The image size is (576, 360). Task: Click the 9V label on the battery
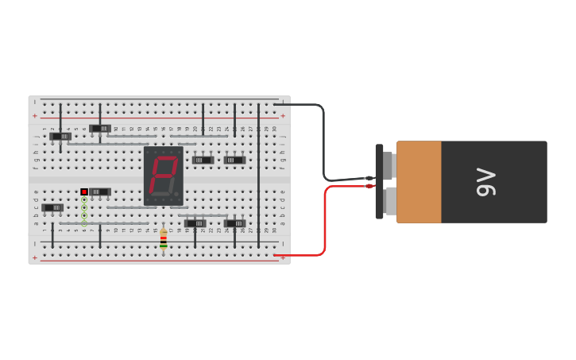coord(485,182)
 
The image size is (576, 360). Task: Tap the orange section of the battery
coord(419,182)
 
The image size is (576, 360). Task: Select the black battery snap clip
coord(379,181)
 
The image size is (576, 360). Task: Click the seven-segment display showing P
coord(163,176)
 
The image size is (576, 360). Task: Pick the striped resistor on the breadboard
coord(163,239)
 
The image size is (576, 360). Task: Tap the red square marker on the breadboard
coord(84,192)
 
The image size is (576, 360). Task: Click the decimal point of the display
coord(176,193)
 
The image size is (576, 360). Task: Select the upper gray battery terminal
coord(389,165)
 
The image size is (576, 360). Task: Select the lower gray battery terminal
coord(390,201)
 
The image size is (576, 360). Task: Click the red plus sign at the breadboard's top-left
coord(34,116)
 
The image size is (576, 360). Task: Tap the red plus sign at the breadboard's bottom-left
coord(34,257)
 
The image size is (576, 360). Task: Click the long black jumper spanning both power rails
coord(258,175)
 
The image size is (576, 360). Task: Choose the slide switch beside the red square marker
coord(100,192)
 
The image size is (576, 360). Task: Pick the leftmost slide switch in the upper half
coord(60,136)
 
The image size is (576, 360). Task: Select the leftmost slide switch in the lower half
coord(52,207)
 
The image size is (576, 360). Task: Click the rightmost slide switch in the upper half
coord(234,160)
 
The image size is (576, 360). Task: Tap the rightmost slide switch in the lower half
coord(234,223)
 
